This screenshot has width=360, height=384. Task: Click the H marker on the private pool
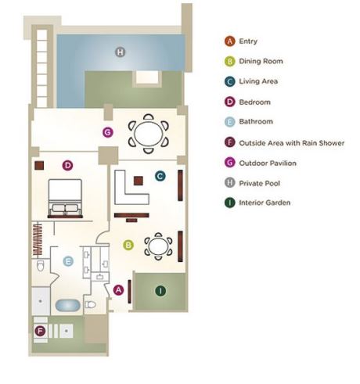click(x=121, y=52)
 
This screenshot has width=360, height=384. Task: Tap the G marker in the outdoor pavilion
click(x=108, y=132)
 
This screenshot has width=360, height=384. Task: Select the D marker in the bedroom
click(x=67, y=165)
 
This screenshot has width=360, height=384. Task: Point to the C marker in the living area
click(x=160, y=176)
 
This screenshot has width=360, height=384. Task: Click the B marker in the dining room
click(x=128, y=245)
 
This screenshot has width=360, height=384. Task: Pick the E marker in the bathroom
click(x=68, y=261)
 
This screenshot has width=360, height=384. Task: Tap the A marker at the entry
click(x=118, y=290)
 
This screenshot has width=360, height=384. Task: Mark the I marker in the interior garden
click(x=160, y=291)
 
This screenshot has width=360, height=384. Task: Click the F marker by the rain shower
click(x=40, y=332)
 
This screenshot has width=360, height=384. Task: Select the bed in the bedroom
click(x=65, y=199)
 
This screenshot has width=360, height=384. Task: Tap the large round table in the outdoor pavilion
click(x=149, y=134)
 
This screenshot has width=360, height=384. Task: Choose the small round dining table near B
click(x=158, y=246)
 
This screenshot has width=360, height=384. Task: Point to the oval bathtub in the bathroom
click(x=68, y=306)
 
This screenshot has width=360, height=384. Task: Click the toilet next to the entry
click(x=91, y=304)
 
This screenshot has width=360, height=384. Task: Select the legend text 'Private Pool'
click(x=259, y=183)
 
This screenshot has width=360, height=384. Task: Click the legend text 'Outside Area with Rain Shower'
click(x=292, y=143)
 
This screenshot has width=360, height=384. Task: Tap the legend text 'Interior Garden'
click(x=265, y=203)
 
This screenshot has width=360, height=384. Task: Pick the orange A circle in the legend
click(x=230, y=41)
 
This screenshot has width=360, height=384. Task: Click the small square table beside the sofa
click(x=139, y=181)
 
